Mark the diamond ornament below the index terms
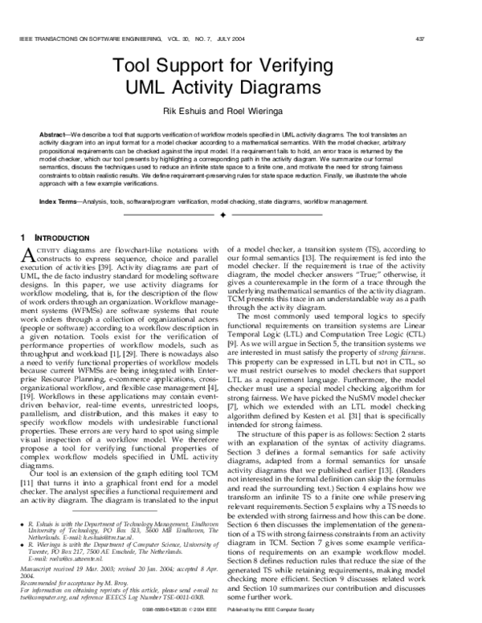coord(242,216)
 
